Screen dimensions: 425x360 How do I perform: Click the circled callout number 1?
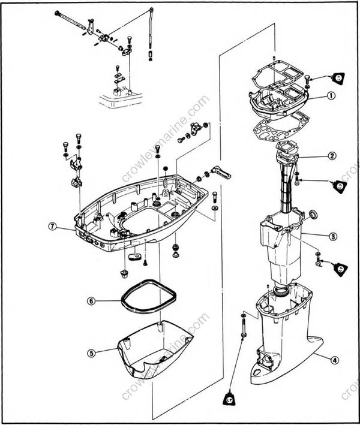tap(331, 95)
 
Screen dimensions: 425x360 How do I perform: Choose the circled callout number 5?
tap(91, 353)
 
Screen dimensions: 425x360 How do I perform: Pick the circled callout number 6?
tap(91, 301)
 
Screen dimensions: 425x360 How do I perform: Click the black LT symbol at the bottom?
tap(231, 397)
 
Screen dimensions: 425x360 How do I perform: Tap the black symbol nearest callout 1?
tap(339, 77)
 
